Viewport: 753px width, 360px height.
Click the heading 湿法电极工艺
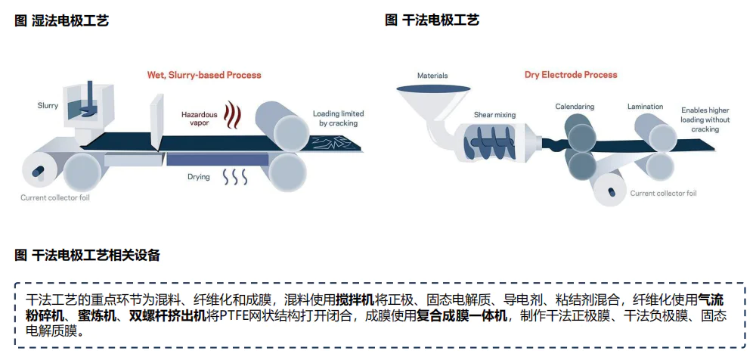point(62,20)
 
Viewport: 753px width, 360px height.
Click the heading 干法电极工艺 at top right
point(432,20)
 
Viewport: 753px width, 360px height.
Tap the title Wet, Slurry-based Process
point(204,75)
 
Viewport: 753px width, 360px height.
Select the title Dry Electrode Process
point(571,75)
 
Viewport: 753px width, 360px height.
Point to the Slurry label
point(48,105)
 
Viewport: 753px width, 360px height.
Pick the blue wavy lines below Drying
point(234,178)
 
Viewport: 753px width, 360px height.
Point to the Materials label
point(432,76)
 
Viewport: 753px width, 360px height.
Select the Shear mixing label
point(494,115)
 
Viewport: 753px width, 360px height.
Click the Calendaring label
point(575,107)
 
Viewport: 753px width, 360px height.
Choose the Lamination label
point(645,107)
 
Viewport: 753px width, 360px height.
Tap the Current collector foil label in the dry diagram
point(663,194)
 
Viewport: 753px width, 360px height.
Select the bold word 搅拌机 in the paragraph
point(355,300)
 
